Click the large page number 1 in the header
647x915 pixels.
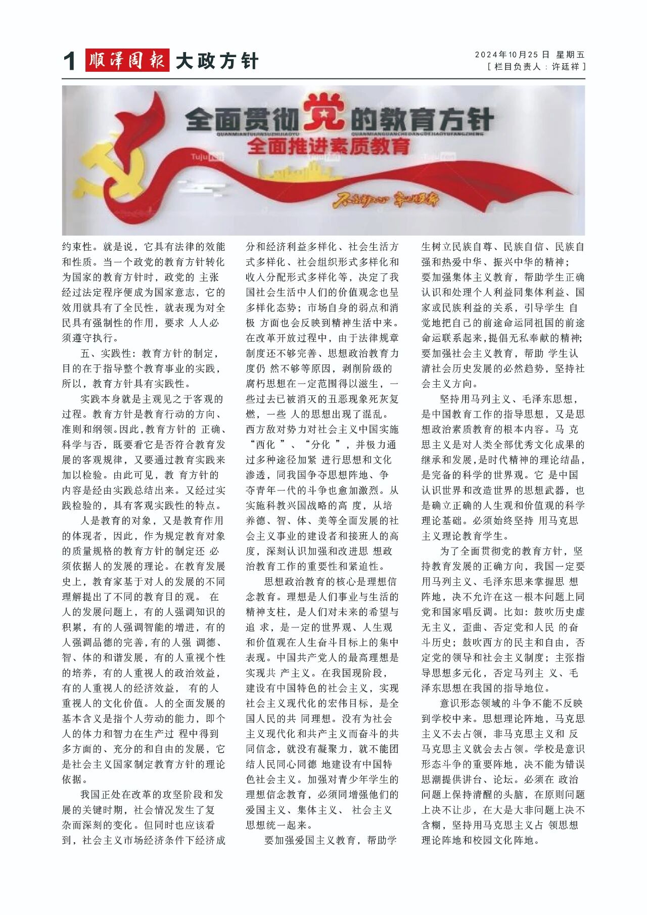70,62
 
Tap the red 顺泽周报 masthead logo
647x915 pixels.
127,61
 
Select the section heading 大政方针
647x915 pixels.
217,61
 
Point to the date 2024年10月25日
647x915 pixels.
512,55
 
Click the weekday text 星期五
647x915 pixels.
570,55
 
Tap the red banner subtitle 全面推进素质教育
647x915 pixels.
329,147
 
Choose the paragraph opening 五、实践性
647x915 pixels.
109,353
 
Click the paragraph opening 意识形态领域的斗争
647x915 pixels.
480,703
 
